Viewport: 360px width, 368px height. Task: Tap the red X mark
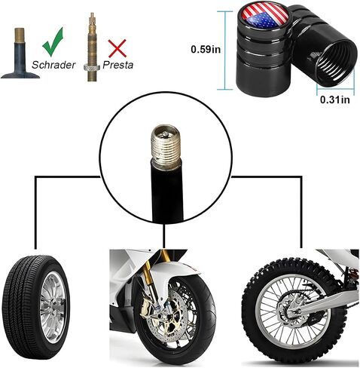pyautogui.click(x=117, y=48)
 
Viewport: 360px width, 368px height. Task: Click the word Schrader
pyautogui.click(x=53, y=65)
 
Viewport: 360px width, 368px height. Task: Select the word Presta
pyautogui.click(x=117, y=65)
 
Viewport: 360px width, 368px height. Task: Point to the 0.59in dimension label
pyautogui.click(x=206, y=49)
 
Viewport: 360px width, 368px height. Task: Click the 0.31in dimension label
pyautogui.click(x=335, y=100)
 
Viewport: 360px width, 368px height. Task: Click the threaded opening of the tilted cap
pyautogui.click(x=337, y=62)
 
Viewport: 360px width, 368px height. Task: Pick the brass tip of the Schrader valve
pyautogui.click(x=20, y=35)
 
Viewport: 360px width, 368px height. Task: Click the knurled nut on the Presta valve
pyautogui.click(x=92, y=67)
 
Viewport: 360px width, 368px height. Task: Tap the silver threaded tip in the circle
pyautogui.click(x=166, y=146)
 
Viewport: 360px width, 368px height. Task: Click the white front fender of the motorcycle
pyautogui.click(x=175, y=272)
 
